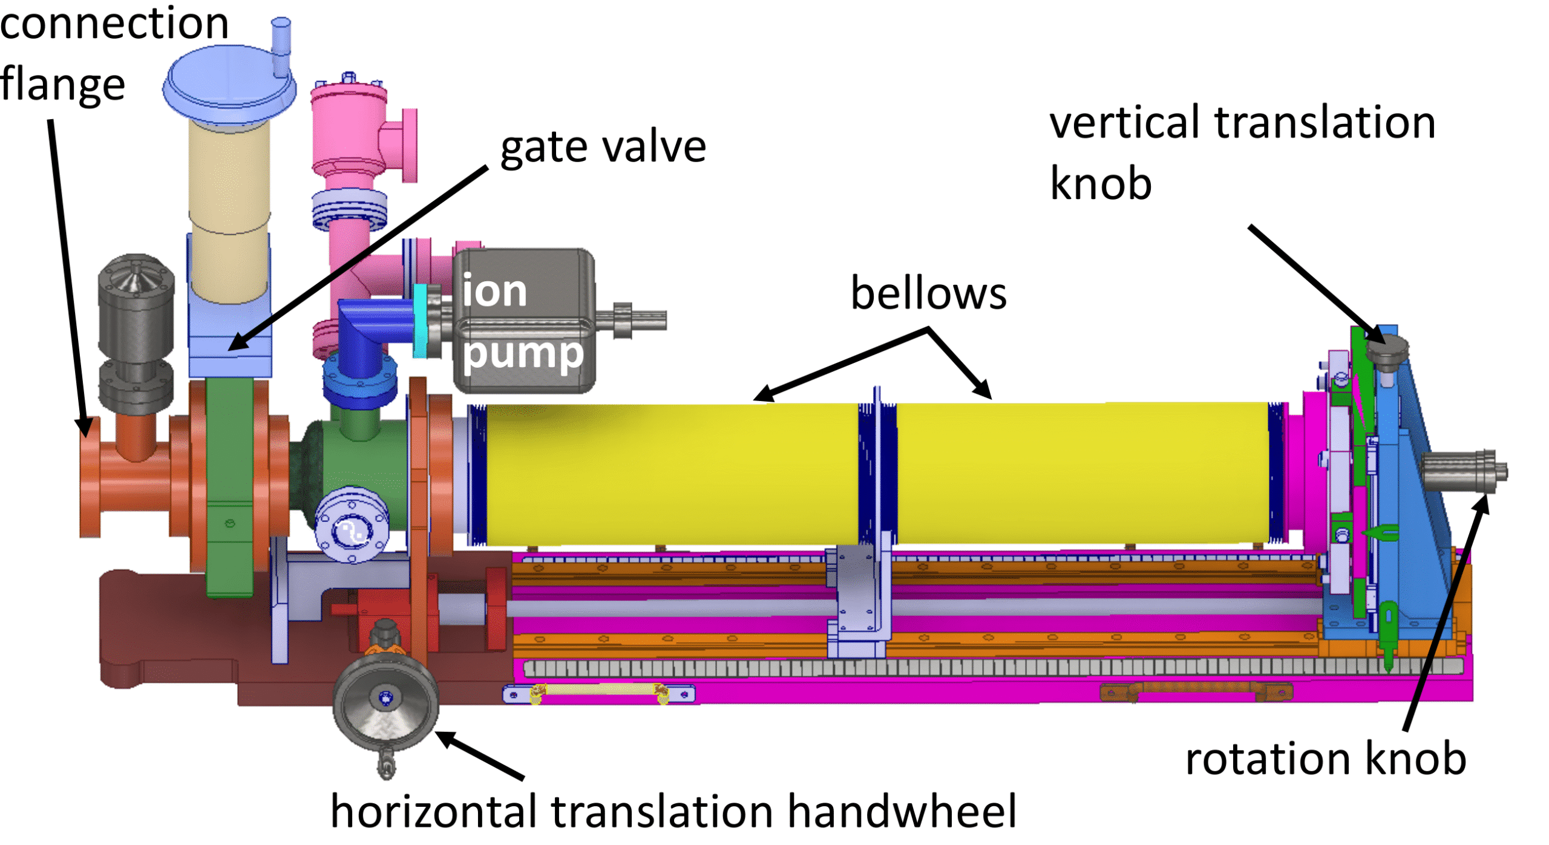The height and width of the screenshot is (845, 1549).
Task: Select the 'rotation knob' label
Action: click(x=1325, y=759)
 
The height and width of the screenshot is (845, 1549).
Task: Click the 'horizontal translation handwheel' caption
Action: click(x=673, y=812)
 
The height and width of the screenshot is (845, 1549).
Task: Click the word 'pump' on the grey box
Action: click(x=523, y=353)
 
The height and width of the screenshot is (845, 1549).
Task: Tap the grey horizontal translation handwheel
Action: click(x=385, y=705)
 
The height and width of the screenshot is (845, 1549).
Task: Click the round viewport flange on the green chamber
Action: click(x=352, y=525)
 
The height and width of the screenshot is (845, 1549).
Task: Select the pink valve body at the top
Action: click(x=350, y=127)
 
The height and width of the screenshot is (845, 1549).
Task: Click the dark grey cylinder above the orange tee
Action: click(x=136, y=315)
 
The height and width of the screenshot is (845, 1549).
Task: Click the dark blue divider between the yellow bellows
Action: click(x=876, y=472)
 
